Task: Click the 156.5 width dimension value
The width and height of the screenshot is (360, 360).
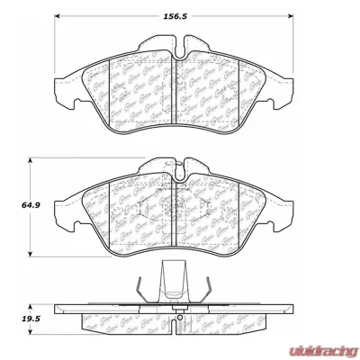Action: [x=185, y=15]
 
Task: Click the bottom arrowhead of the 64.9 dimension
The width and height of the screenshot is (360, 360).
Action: [x=34, y=254]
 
